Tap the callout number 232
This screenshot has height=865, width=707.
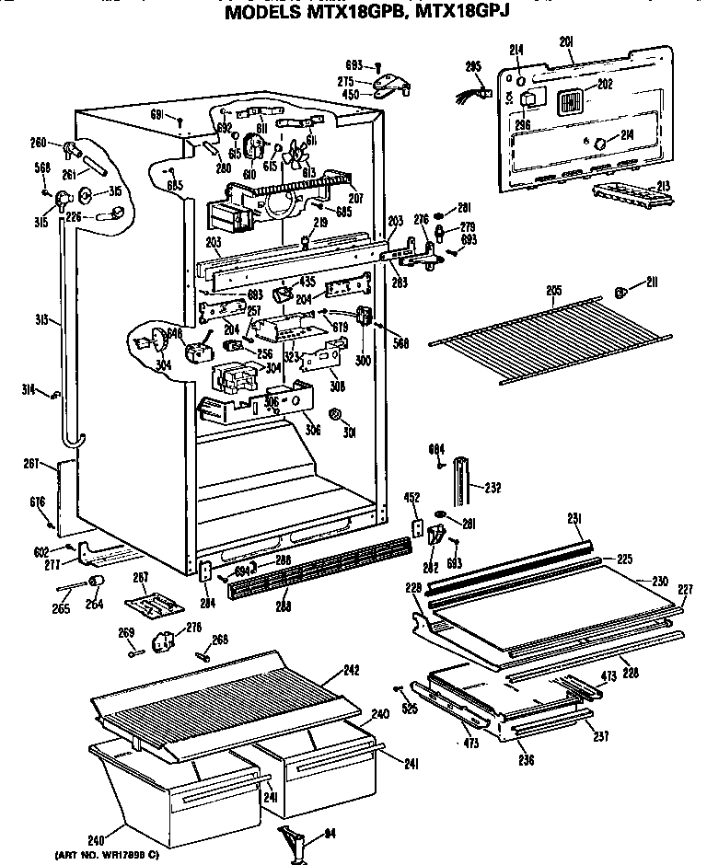493,487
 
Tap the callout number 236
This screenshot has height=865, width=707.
526,759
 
